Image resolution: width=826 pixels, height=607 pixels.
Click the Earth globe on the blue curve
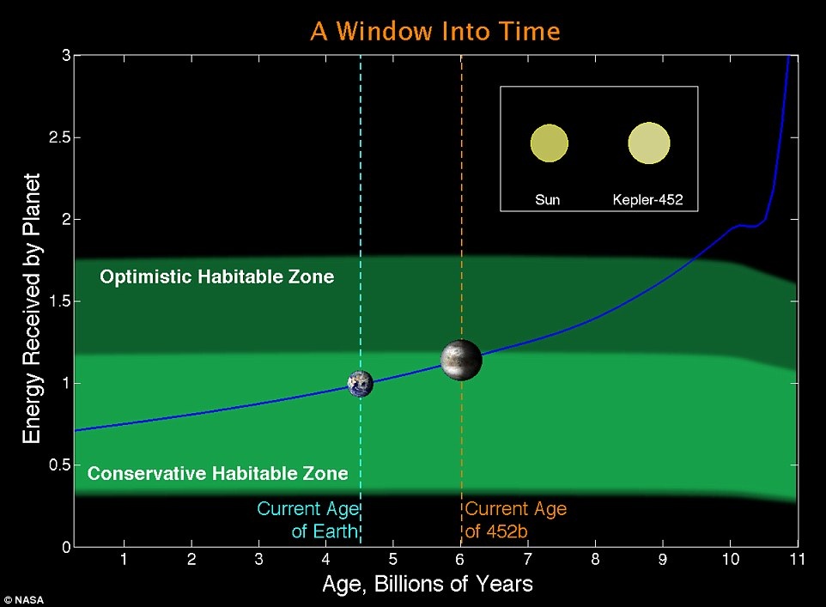(361, 383)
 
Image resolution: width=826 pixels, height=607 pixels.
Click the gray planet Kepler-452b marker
(461, 360)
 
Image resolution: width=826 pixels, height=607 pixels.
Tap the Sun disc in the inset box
(550, 143)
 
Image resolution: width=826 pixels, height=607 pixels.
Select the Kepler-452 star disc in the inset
(649, 143)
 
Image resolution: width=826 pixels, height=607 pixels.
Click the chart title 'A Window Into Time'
(435, 31)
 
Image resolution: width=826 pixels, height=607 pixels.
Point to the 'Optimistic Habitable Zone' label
(217, 276)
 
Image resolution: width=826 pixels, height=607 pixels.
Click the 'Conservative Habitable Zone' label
(217, 473)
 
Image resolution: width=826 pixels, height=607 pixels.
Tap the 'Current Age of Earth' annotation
(307, 520)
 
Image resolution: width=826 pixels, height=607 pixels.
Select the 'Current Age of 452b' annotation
(516, 520)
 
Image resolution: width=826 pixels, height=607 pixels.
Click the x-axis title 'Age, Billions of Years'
(428, 584)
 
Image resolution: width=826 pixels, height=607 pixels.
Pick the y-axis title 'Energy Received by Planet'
(32, 308)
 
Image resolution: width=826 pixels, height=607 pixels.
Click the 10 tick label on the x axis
(730, 559)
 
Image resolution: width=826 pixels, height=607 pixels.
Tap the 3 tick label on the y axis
(66, 55)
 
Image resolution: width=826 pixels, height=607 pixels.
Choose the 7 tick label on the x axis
(528, 559)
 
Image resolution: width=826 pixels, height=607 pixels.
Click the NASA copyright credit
(24, 600)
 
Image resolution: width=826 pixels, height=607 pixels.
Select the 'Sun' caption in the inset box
(547, 200)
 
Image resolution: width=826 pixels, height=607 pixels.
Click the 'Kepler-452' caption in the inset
(647, 200)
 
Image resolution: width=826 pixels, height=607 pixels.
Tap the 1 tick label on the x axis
(124, 559)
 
